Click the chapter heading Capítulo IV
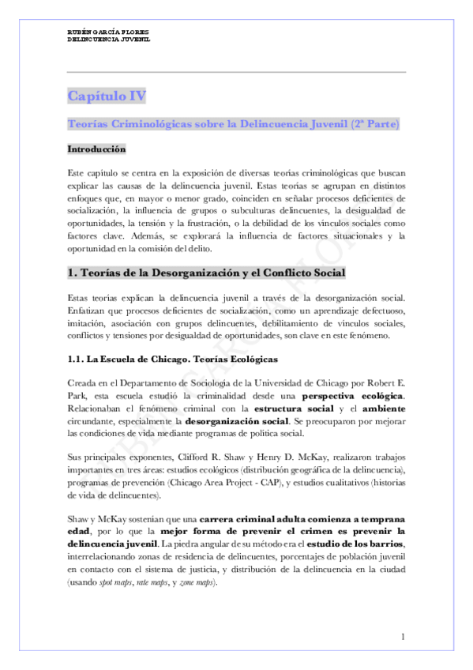tap(107, 96)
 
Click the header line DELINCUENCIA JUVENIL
tap(108, 38)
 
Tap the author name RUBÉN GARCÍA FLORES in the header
tap(111, 31)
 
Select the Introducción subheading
tap(96, 149)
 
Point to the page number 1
tap(403, 637)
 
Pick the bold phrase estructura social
tap(287, 408)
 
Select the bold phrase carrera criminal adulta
tap(260, 518)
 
